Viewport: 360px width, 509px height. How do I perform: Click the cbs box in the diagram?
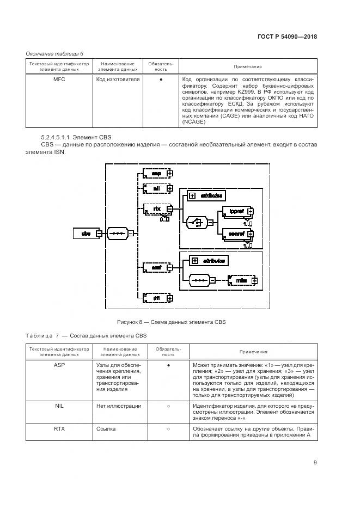click(86, 234)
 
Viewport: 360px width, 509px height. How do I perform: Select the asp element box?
click(155, 173)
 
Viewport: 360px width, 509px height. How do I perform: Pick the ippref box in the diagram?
click(236, 211)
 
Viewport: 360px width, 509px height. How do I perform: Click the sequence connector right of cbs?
click(117, 234)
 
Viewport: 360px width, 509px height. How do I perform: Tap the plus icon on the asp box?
click(170, 173)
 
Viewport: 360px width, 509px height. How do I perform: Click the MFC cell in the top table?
click(59, 79)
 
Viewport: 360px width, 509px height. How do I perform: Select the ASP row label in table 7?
click(59, 365)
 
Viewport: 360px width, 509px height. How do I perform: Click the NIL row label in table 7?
click(59, 406)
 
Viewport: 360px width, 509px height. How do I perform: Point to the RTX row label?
click(59, 429)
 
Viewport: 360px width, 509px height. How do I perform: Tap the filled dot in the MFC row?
click(160, 79)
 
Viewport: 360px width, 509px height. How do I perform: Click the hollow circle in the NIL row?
click(168, 406)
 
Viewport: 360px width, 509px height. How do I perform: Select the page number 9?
click(315, 463)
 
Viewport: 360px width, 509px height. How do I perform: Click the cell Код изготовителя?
click(118, 79)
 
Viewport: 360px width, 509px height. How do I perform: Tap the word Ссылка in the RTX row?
click(106, 429)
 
